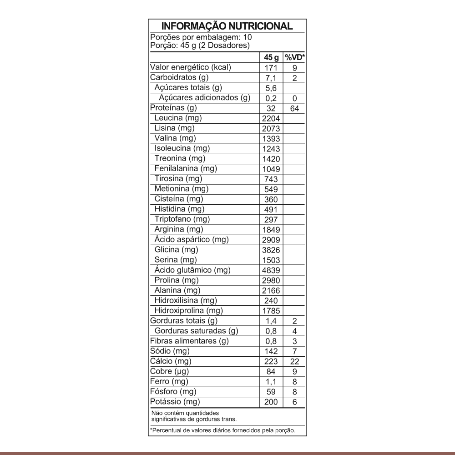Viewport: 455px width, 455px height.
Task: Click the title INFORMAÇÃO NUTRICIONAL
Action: [227, 26]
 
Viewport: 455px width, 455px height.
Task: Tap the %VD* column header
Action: [294, 58]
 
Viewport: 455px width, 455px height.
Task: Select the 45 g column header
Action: [271, 58]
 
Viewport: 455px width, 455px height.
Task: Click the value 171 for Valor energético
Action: [271, 68]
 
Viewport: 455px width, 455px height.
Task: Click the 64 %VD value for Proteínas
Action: [294, 109]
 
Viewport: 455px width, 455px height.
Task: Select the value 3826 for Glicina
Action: [271, 250]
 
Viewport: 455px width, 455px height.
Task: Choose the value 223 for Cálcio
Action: [271, 362]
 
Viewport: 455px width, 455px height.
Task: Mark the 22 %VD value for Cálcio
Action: [294, 362]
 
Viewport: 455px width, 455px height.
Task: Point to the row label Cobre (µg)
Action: [169, 371]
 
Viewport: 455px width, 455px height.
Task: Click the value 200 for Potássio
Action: [271, 402]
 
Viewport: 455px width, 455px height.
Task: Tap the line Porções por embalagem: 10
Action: [201, 38]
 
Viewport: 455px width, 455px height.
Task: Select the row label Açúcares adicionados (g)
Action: [205, 97]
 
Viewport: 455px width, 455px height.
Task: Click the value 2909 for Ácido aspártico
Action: [271, 240]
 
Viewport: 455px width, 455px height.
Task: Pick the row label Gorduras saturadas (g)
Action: [196, 331]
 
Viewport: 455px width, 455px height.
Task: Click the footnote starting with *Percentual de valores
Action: [223, 430]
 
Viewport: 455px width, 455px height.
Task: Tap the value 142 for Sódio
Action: [271, 352]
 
